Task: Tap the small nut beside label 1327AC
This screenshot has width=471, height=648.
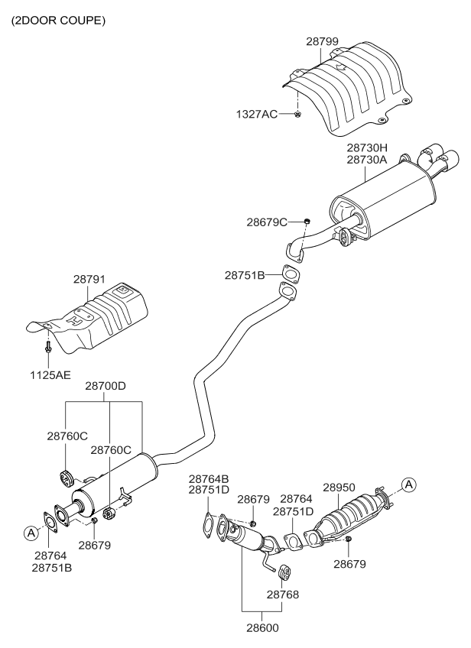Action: (x=297, y=115)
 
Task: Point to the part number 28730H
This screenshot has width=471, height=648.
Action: (x=367, y=147)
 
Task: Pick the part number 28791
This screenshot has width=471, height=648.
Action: (x=89, y=281)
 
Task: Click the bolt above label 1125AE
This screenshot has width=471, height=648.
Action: (x=48, y=347)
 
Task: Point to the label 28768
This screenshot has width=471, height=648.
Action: (x=282, y=593)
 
